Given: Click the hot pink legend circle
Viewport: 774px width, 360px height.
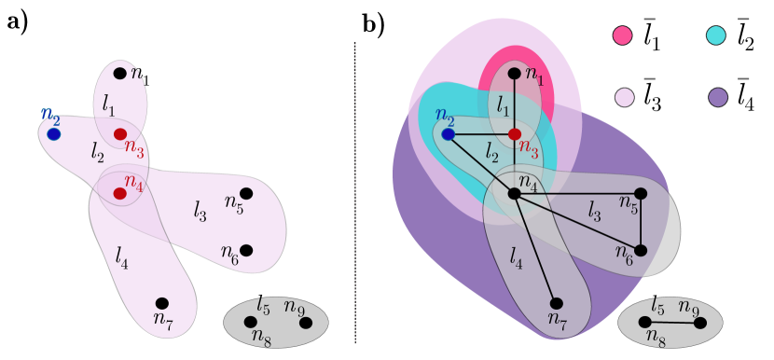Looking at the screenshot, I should [x=622, y=35].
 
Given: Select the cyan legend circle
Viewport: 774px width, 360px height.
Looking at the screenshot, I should [x=715, y=35].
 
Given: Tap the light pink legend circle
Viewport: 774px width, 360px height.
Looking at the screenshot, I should [x=624, y=97].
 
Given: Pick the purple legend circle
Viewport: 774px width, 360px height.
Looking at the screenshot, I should [x=717, y=97].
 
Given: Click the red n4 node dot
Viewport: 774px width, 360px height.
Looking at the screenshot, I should [x=119, y=193].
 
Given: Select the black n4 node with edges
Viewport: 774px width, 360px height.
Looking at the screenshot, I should [x=514, y=193].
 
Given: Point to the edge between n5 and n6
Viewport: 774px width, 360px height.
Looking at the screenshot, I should [x=641, y=222].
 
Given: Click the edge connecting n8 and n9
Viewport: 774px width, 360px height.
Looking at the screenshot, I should [x=672, y=322].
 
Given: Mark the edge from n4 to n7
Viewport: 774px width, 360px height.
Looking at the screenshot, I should [x=535, y=248].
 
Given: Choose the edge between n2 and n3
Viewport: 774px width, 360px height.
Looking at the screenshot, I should [x=481, y=134].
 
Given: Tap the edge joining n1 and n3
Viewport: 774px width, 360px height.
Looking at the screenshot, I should [x=514, y=104].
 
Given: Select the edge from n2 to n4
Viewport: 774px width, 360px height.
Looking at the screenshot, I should [x=481, y=164].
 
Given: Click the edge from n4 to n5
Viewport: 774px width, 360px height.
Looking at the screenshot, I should [x=577, y=193].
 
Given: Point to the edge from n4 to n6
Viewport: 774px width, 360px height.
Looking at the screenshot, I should [x=577, y=222].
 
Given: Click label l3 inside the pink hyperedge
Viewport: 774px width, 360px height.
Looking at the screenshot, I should [x=200, y=212].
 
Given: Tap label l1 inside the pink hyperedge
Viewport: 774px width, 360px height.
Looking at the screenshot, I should [x=109, y=104].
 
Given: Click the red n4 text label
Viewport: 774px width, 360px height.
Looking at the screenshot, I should [x=134, y=181].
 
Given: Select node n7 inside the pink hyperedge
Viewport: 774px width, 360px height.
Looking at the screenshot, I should [x=162, y=303].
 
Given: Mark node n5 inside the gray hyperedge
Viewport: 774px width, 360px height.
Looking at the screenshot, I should [x=641, y=193].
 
